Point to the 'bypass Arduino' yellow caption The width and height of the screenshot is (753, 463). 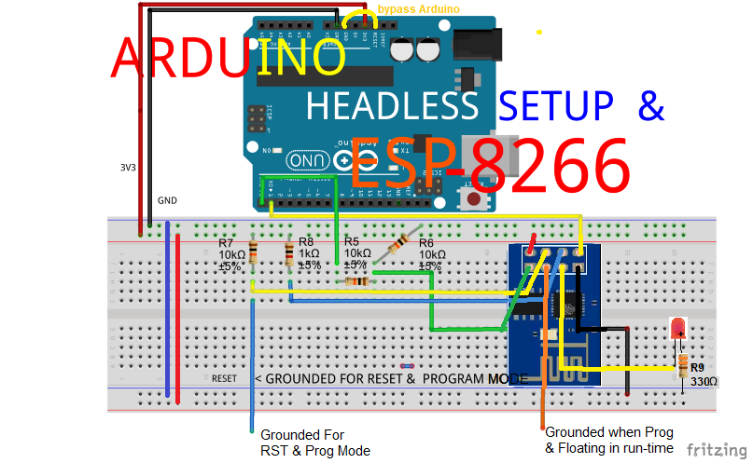418,9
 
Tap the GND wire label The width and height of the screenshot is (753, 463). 167,200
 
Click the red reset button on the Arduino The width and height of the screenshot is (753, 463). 476,198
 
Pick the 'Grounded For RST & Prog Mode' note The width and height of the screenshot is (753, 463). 314,443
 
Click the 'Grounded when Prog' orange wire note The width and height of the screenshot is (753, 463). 608,441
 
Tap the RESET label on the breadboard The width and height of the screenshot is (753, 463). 224,379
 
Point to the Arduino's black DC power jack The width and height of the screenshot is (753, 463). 479,45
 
